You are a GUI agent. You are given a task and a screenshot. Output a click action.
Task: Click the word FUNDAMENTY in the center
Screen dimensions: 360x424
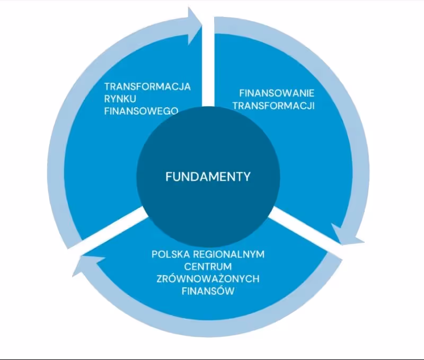[x=208, y=177]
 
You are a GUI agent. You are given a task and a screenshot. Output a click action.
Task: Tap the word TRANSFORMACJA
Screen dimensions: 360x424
[x=147, y=86]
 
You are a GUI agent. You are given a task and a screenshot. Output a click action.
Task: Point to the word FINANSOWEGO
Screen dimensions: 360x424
[x=140, y=111]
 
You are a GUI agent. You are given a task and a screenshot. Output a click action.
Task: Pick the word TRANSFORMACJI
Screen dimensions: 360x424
[x=273, y=106]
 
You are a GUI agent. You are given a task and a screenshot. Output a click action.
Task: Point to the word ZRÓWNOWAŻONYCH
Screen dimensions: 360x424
[x=208, y=278]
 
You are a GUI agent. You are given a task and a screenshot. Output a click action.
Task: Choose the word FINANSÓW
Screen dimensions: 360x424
[x=208, y=291]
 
